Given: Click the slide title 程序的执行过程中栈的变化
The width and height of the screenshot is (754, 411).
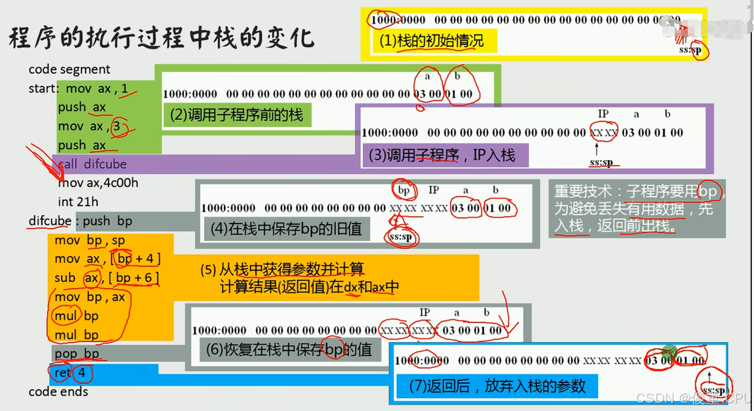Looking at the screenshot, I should point(161,38).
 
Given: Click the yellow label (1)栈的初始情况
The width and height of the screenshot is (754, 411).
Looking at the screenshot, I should point(431,41).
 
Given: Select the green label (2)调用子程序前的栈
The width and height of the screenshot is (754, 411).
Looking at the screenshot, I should point(236,116).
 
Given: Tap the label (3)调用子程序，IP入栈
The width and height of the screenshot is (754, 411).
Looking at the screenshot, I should point(442,155).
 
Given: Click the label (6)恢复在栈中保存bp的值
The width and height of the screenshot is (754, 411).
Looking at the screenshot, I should point(289,349).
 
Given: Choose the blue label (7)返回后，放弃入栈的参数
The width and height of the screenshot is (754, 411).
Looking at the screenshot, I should point(497,386).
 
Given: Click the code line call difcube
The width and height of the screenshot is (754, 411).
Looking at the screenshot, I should point(92,164).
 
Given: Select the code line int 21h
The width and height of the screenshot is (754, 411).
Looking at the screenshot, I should point(78,202).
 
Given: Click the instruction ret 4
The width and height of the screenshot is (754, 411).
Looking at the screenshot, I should point(70,373).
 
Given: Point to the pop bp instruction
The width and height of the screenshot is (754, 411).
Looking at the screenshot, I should point(77,353).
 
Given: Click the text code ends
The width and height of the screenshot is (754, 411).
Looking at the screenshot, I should point(58,392).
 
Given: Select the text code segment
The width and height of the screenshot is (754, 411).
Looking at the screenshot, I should point(69,69).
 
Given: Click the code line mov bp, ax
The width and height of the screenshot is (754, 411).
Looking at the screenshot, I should point(90,297).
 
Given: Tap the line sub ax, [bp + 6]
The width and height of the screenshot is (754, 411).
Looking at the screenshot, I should point(106,278).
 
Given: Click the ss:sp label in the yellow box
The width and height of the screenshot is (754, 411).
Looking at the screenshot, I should point(691,50).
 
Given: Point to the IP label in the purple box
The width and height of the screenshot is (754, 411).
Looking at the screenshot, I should point(603,114).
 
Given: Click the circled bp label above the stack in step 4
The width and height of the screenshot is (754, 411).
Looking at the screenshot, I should point(404,190).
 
